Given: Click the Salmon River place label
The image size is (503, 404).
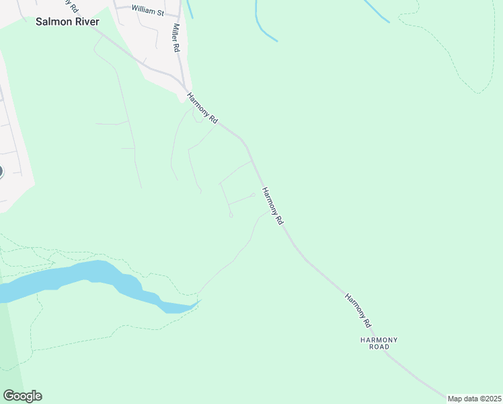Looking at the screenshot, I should (x=67, y=22).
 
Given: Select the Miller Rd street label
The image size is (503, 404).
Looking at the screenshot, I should (x=176, y=38).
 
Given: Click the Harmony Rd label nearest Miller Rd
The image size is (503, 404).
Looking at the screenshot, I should (x=202, y=108).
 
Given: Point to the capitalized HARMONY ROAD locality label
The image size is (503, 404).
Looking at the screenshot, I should (x=379, y=344).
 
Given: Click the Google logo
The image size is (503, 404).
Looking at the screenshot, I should (x=22, y=396).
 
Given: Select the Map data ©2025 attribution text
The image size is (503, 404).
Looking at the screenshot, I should (x=473, y=399).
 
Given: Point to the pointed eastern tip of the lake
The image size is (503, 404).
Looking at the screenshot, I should (x=200, y=301).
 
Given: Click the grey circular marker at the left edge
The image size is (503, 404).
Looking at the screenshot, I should (x=1, y=171).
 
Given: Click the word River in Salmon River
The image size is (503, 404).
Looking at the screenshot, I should (x=85, y=22).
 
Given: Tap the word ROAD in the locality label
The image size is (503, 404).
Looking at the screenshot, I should (x=379, y=348).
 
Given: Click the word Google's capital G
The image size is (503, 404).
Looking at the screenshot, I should (x=9, y=396).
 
